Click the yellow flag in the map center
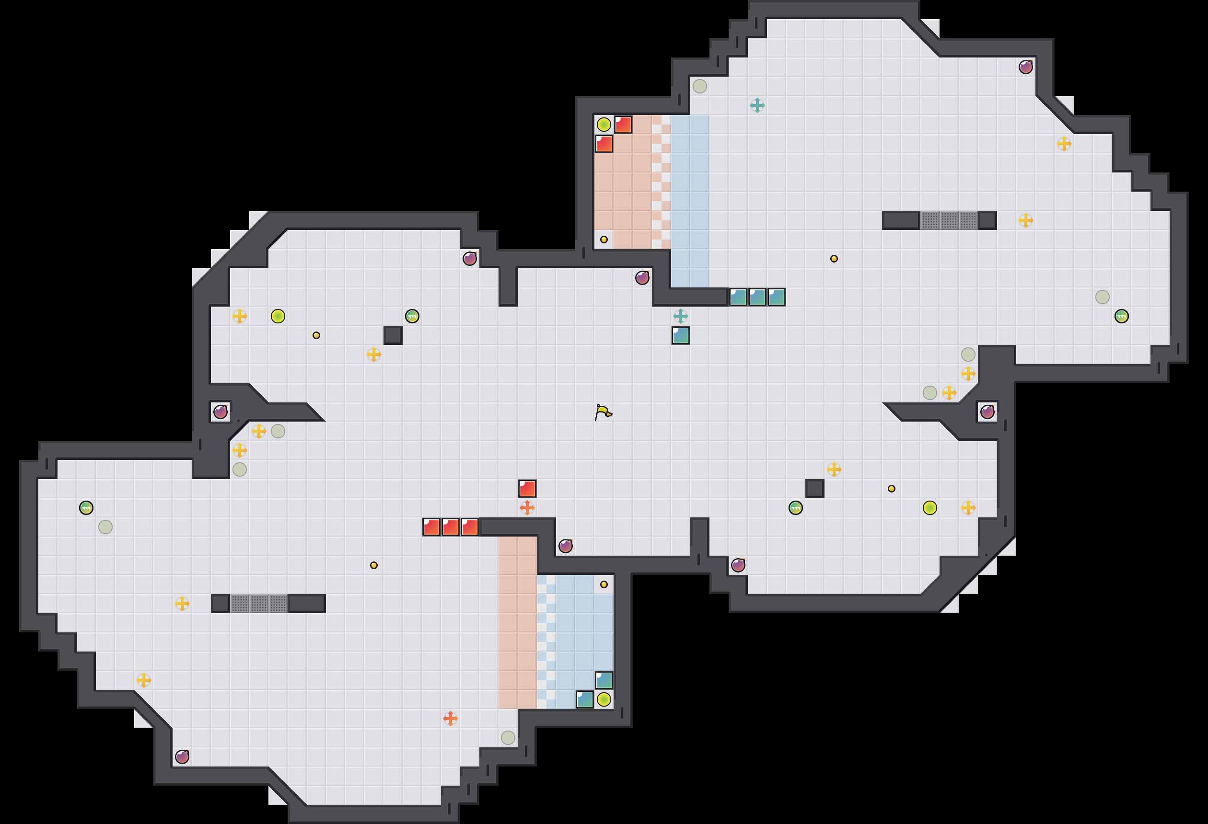(x=603, y=412)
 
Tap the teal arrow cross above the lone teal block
(x=680, y=316)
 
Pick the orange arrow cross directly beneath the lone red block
(x=527, y=508)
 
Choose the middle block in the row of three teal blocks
(x=757, y=297)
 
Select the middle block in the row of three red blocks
(x=450, y=527)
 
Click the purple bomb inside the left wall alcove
(x=221, y=412)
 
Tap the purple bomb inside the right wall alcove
(x=987, y=412)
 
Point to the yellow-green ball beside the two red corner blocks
(x=604, y=125)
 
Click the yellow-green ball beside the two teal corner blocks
(x=604, y=699)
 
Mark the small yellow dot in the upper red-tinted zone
(x=604, y=240)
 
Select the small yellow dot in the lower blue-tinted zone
(x=604, y=584)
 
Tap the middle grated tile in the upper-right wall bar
(x=949, y=220)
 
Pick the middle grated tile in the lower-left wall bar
(x=259, y=604)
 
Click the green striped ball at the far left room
(x=86, y=508)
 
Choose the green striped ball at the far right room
(x=1121, y=316)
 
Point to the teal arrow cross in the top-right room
(x=757, y=105)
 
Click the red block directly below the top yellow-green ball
(x=604, y=144)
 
